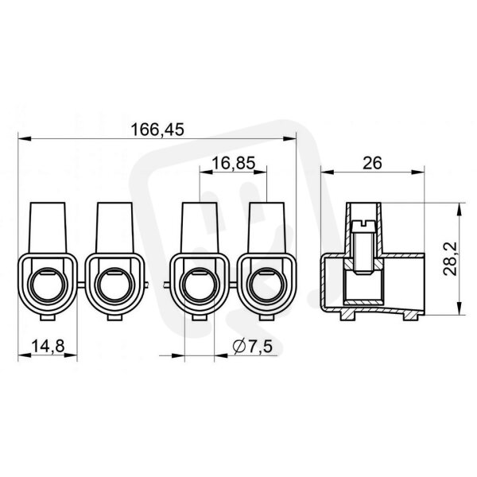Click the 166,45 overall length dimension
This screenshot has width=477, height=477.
(x=157, y=130)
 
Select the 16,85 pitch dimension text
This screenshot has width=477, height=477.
(x=233, y=163)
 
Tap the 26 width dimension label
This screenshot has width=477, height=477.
(x=372, y=163)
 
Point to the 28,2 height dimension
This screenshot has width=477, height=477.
(x=450, y=259)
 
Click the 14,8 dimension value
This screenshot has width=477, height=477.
(x=48, y=346)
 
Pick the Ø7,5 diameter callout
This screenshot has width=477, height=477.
(x=253, y=346)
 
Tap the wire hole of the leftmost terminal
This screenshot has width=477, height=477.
(x=48, y=285)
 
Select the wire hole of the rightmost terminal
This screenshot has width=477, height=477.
(x=266, y=285)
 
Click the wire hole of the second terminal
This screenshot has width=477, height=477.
(x=114, y=285)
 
